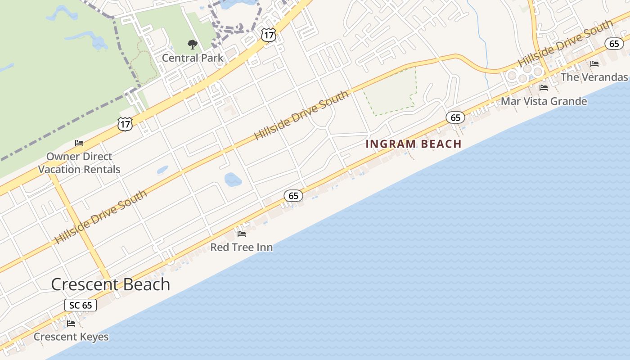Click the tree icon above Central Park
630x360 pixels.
pos(193,44)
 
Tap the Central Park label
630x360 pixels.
pos(193,58)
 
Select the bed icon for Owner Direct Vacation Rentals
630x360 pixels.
pos(79,143)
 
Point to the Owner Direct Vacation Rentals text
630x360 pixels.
pos(79,163)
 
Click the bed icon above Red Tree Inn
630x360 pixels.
pos(242,234)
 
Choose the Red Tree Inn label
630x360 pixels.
pos(242,247)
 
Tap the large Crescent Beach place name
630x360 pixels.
pos(111,284)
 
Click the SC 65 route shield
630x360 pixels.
pos(81,305)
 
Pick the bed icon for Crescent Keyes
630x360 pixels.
pos(71,323)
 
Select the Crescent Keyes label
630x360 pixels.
pos(71,337)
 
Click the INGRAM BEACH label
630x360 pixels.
pos(414,144)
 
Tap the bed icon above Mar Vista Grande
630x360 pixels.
pos(544,87)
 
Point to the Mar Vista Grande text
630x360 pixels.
pos(544,101)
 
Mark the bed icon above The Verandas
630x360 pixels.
pos(594,64)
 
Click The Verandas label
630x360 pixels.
pos(594,77)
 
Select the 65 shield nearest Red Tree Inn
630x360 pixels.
pos(293,196)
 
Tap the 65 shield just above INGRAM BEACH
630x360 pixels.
pos(455,117)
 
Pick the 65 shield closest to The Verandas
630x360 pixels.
pos(614,43)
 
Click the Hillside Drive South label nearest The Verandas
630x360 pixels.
pos(565,44)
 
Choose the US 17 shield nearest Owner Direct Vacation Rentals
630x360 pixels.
pos(126,124)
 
